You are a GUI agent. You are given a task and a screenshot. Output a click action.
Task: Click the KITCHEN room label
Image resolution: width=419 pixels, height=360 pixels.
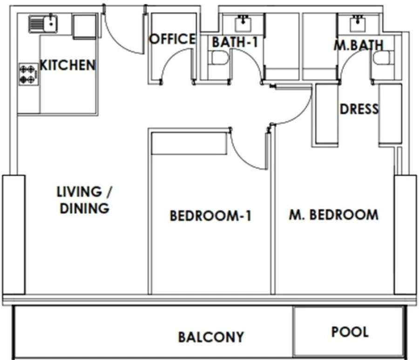68,65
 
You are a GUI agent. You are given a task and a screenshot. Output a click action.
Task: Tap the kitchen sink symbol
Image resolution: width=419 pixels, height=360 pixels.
42,23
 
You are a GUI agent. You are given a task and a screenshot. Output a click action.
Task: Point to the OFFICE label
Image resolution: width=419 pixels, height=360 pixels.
172,39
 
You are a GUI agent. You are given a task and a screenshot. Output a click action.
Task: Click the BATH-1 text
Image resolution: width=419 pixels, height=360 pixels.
235,42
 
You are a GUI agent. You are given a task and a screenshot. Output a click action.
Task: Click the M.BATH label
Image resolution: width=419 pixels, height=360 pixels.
358,45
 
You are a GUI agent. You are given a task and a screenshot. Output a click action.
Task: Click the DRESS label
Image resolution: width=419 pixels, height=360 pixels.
359,109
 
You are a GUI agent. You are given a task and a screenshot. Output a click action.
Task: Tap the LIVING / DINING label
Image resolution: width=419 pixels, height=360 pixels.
84,200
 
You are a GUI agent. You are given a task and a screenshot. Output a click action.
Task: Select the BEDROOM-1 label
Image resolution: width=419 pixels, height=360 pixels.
210,216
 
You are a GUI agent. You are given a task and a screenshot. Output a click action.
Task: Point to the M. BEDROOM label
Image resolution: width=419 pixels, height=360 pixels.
333,214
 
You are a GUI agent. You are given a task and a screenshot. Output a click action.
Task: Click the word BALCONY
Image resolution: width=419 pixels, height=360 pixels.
210,336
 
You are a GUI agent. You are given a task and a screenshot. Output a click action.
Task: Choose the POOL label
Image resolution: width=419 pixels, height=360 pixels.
350,332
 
